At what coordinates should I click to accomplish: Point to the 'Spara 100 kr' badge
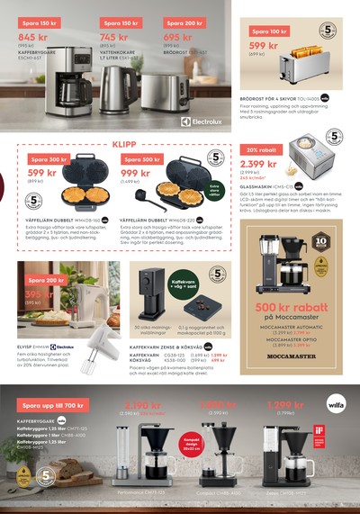[265, 32]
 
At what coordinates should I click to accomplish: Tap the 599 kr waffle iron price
[42, 173]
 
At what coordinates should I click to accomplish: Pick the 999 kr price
[134, 173]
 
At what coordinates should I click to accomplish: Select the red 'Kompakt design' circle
[215, 444]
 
